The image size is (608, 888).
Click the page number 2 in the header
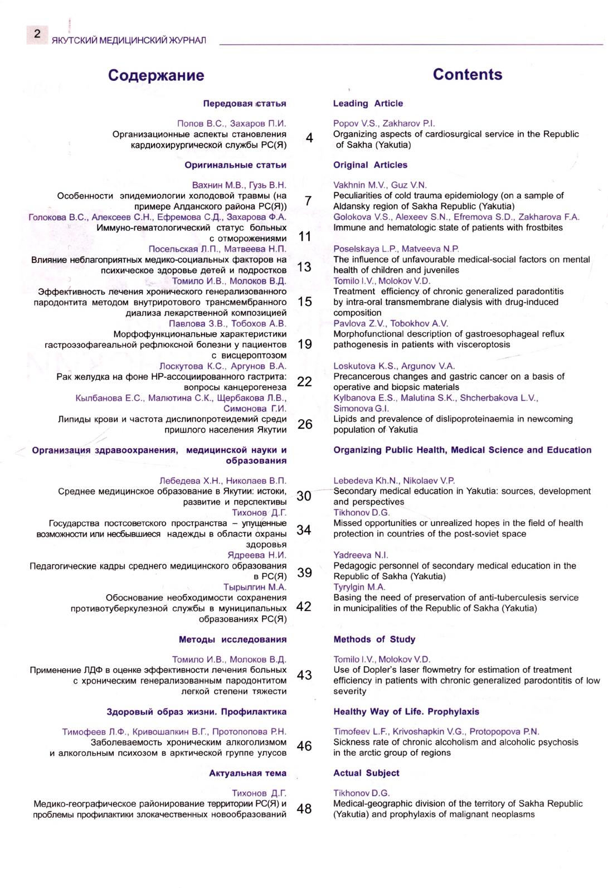(37, 34)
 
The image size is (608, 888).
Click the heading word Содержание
(156, 75)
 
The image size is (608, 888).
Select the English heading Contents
(467, 74)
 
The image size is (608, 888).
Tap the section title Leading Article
(368, 104)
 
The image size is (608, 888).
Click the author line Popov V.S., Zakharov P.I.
(384, 123)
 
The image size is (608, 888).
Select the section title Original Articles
(370, 165)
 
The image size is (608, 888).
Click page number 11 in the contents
(305, 236)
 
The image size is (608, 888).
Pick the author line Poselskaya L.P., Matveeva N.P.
(396, 249)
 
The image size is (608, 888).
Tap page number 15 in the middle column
(305, 302)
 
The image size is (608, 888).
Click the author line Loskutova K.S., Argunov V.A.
(394, 366)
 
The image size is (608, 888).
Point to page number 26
(305, 424)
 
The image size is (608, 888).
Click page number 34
(304, 530)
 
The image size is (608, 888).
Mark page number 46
(304, 746)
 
